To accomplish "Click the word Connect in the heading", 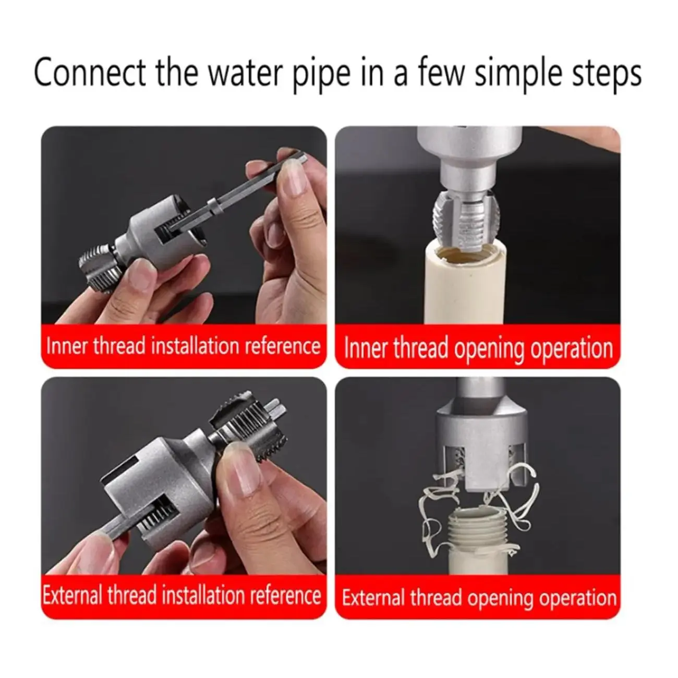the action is coord(90,73).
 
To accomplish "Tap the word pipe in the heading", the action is coord(322,75).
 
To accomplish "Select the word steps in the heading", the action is coord(606,75).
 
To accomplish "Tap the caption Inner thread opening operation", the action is coord(478,348).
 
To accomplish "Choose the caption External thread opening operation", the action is coord(479,598).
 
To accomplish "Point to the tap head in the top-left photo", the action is coord(100,262).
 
